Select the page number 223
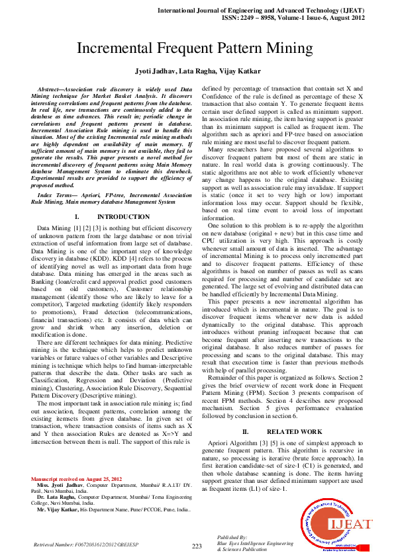click(x=197, y=546)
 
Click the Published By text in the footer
click(x=232, y=538)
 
